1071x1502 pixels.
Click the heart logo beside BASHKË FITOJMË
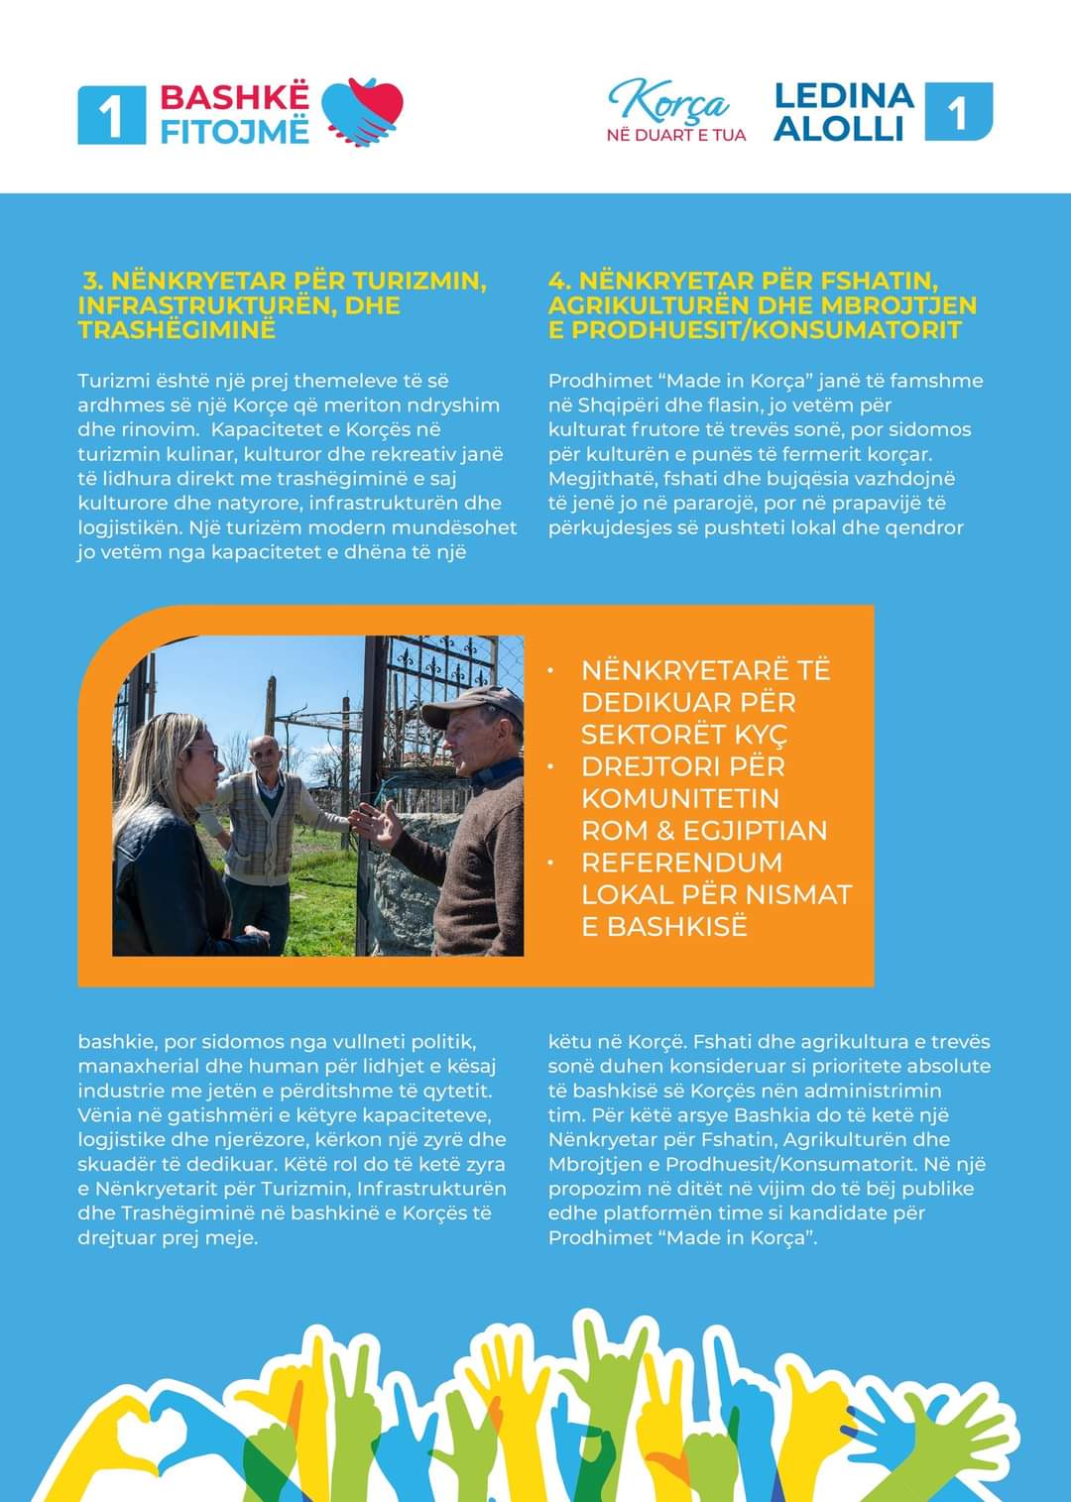(x=363, y=111)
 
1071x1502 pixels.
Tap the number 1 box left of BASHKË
(x=111, y=115)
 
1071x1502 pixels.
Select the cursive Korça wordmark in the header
(x=669, y=102)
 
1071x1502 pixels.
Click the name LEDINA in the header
(x=844, y=95)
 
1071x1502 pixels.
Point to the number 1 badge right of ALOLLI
(x=958, y=112)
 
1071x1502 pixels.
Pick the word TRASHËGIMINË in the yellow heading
(x=177, y=330)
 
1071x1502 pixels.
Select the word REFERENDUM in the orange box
(x=682, y=863)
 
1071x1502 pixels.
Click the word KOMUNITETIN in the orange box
(x=680, y=798)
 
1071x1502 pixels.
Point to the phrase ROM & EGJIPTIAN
(x=704, y=831)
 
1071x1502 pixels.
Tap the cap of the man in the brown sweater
(x=474, y=704)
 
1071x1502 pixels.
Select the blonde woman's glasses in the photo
(x=205, y=751)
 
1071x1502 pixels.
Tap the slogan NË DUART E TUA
(x=676, y=134)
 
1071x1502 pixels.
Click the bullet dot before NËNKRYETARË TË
(x=548, y=671)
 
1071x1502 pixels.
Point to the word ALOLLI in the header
(x=839, y=129)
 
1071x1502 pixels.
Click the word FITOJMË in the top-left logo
(x=235, y=131)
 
